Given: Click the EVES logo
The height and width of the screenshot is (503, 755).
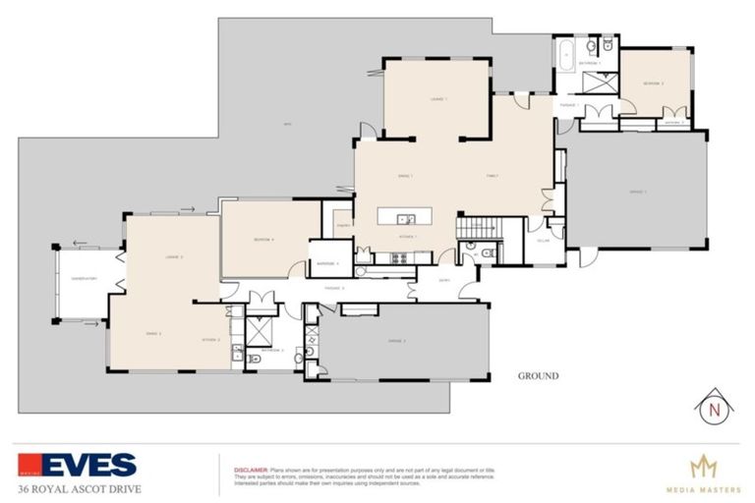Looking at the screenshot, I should [77, 465].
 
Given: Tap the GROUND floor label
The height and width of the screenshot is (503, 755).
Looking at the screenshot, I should [538, 376].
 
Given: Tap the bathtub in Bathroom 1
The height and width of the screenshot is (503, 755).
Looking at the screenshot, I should [566, 55].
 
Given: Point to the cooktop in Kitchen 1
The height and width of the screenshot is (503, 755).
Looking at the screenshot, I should [399, 258].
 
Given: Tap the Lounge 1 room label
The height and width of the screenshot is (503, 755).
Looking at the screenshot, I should [438, 99].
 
